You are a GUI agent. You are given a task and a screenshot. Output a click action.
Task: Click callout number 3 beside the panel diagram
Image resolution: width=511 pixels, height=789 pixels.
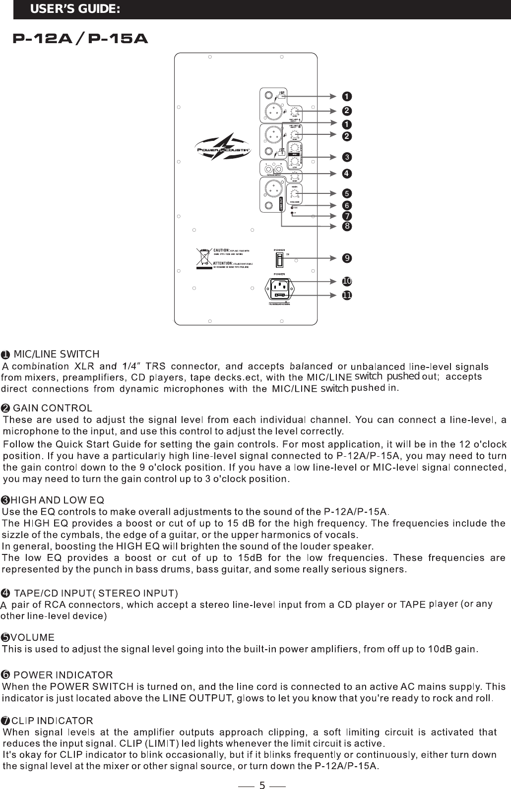pos(347,157)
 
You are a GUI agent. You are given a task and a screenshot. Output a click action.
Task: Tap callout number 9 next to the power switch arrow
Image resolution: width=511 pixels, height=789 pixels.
pos(347,258)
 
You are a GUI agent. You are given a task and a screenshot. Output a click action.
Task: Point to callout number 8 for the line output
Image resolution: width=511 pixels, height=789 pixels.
pos(347,226)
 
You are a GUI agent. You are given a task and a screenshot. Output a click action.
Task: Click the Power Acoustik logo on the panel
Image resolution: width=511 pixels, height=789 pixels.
pos(223,149)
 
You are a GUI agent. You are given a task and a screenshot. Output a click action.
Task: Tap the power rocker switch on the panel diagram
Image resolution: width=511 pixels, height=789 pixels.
pos(279,259)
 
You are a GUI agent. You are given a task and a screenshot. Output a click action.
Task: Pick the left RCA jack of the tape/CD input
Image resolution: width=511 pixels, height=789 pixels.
pos(267,169)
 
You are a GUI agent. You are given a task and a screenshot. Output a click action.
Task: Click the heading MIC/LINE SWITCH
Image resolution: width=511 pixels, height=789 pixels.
pos(57,354)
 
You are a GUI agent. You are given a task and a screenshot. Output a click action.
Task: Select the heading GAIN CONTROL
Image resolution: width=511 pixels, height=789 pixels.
pos(52,408)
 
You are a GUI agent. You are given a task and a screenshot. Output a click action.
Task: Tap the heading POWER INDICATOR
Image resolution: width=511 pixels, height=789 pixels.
pos(63,675)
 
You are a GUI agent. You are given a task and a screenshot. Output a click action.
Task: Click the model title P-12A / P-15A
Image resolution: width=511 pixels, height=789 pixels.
pos(80,38)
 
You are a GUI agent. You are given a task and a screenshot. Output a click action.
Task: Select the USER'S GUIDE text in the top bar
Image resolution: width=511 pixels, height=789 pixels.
pos(75,9)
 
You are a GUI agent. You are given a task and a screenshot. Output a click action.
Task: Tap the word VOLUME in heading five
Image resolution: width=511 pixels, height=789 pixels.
pos(33,637)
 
